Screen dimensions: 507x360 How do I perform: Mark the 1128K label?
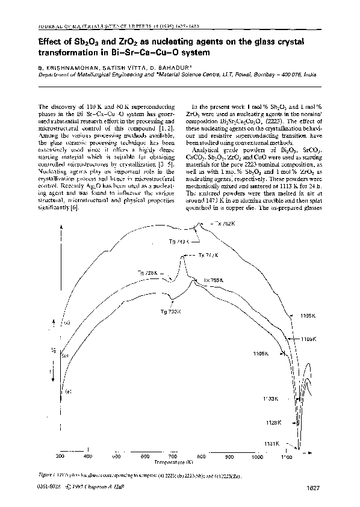click(x=273, y=423)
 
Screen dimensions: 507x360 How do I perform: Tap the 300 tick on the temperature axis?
click(x=60, y=457)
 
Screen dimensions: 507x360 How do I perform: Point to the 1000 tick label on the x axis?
click(x=258, y=457)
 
